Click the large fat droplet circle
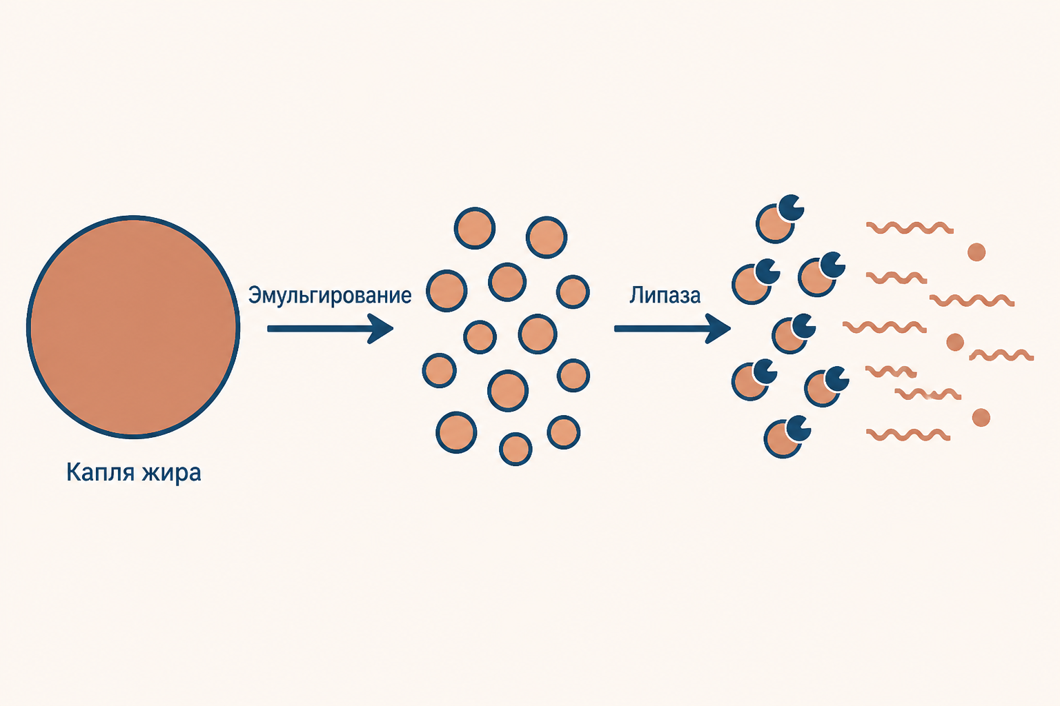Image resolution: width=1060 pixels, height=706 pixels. click(x=133, y=327)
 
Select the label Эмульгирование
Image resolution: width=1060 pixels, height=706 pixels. click(x=330, y=296)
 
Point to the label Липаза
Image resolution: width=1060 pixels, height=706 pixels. click(x=665, y=296)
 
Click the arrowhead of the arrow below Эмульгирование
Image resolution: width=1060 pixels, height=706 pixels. click(x=382, y=328)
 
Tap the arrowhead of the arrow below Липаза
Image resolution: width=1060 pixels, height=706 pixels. click(x=718, y=328)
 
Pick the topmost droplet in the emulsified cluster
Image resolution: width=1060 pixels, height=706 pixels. click(x=475, y=228)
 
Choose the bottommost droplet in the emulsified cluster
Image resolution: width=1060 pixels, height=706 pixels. click(x=516, y=449)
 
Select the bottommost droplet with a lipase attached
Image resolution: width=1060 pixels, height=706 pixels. click(x=782, y=439)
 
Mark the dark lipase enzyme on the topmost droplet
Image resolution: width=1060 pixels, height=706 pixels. click(x=792, y=208)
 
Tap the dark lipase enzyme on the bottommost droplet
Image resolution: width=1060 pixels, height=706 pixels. click(x=798, y=428)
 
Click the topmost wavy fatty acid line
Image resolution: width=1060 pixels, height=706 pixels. click(x=910, y=228)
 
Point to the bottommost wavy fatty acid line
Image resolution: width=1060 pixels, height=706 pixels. click(x=908, y=434)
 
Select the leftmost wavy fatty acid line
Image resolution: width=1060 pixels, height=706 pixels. click(x=885, y=327)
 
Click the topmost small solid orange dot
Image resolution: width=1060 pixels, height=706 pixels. click(x=976, y=252)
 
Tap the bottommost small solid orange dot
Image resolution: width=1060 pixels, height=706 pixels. click(x=981, y=418)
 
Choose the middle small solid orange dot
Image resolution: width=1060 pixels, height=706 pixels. click(x=955, y=342)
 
